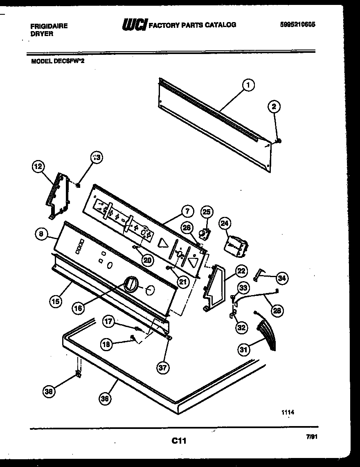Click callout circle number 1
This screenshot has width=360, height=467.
click(x=248, y=85)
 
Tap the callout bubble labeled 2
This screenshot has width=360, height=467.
click(x=274, y=107)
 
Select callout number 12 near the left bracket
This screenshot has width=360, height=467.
click(x=38, y=167)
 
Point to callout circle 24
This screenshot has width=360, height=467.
click(x=225, y=223)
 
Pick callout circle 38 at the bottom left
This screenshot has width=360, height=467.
click(x=49, y=392)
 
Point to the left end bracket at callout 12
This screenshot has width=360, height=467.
click(x=58, y=195)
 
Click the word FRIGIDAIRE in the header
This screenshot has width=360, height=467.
click(x=49, y=26)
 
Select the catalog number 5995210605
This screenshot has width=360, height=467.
click(x=298, y=24)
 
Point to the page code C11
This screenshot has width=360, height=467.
click(x=179, y=441)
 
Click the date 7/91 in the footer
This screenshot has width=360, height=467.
click(x=312, y=437)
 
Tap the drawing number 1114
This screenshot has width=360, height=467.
click(x=288, y=413)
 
